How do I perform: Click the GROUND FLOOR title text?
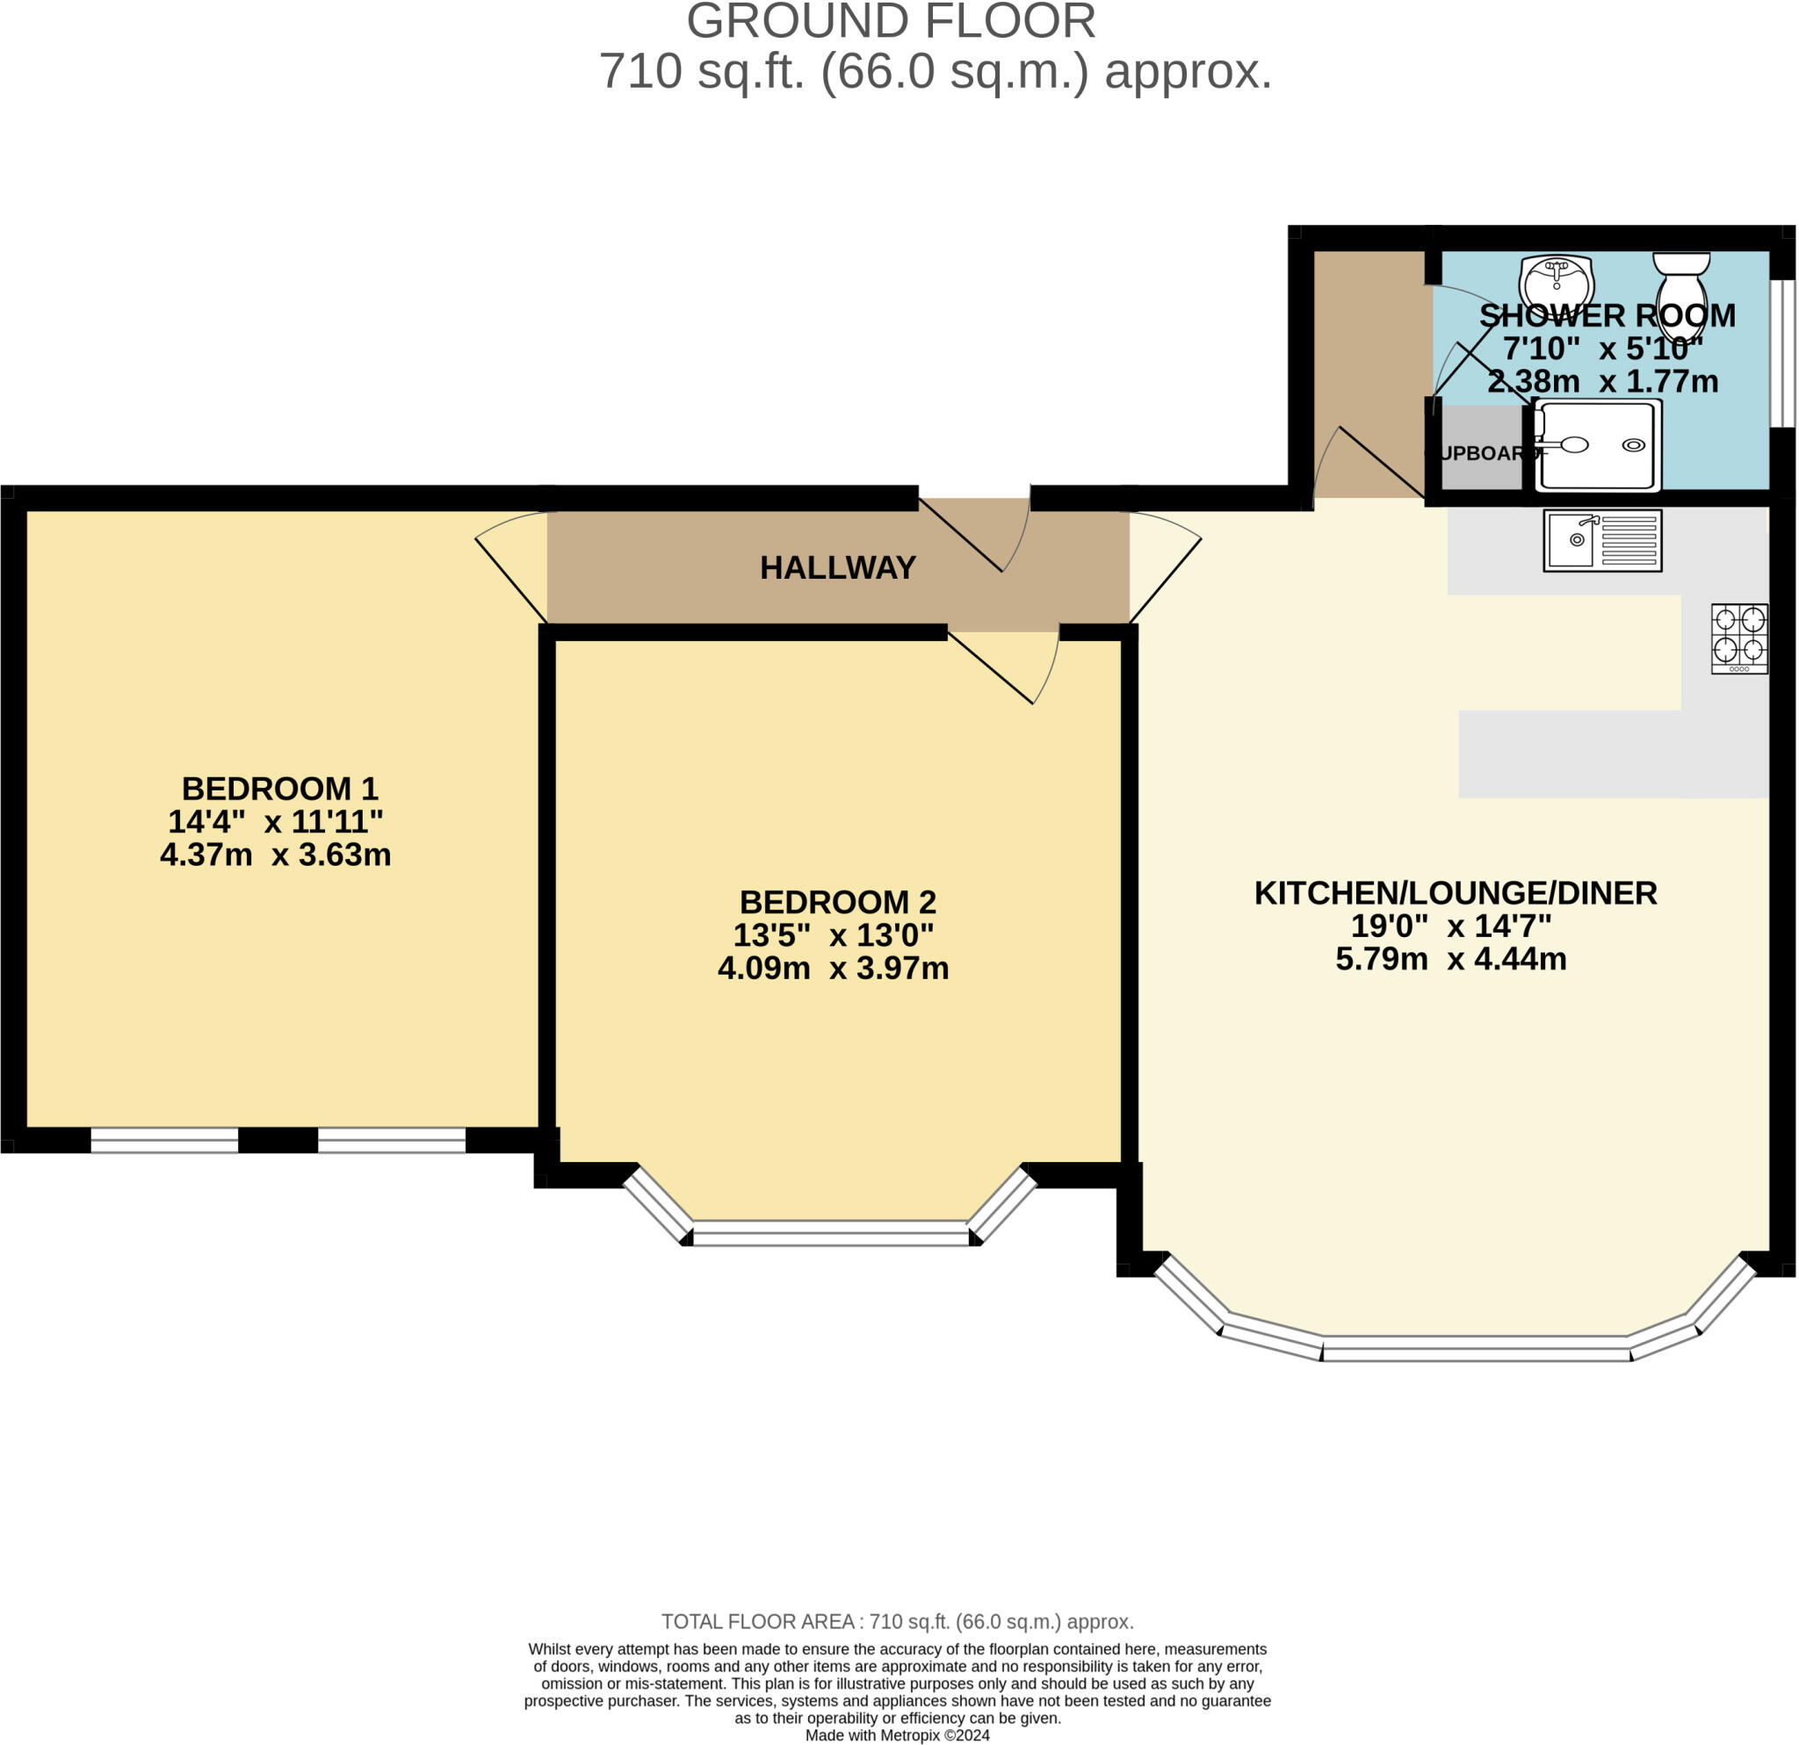(x=891, y=22)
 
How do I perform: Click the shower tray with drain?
(x=1598, y=446)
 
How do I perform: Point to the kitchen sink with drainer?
(x=1601, y=541)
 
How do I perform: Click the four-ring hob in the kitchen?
(x=1738, y=638)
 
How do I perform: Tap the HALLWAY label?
(x=837, y=568)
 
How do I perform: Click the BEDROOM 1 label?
(x=279, y=788)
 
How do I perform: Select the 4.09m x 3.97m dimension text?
(x=833, y=968)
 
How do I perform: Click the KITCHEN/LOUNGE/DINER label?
(x=1455, y=892)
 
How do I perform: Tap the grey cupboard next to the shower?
(x=1480, y=450)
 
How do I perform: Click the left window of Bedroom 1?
(x=164, y=1140)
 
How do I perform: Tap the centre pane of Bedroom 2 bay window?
(x=830, y=1234)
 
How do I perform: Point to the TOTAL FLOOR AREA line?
(x=897, y=1622)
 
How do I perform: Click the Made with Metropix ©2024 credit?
(x=897, y=1736)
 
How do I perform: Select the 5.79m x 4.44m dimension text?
(x=1449, y=959)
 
